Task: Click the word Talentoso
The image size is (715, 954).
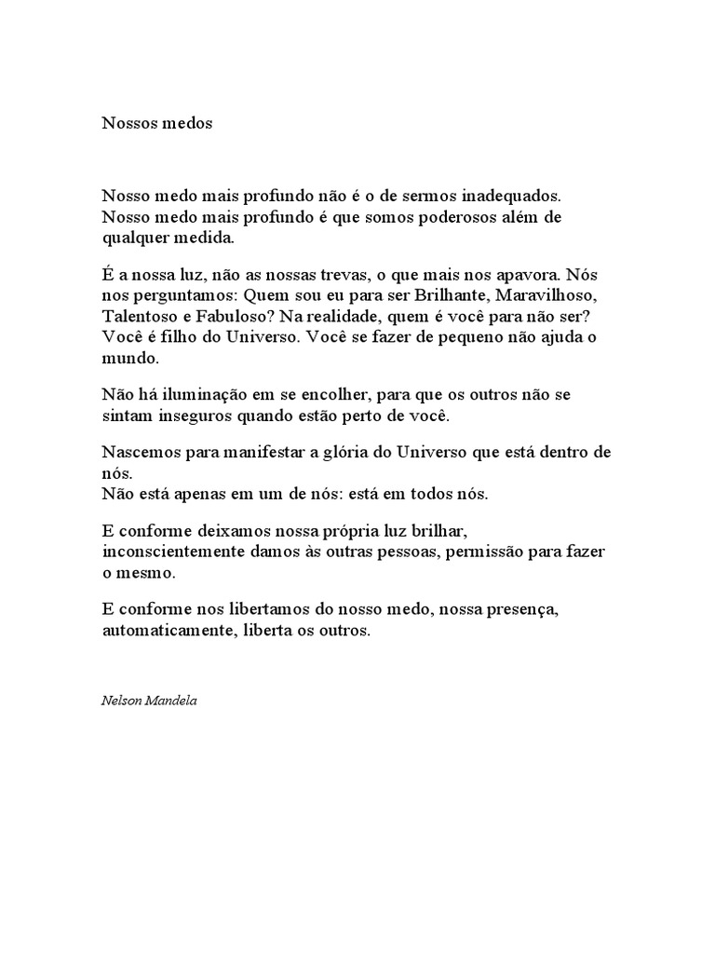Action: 139,317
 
